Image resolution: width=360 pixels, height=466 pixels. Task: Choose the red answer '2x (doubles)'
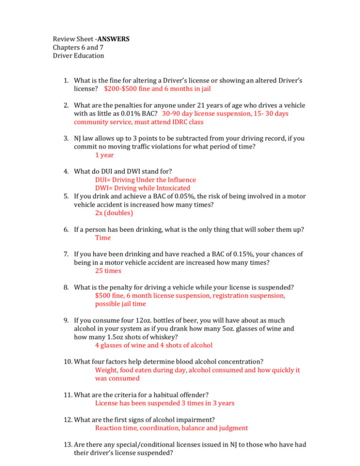click(x=114, y=212)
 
